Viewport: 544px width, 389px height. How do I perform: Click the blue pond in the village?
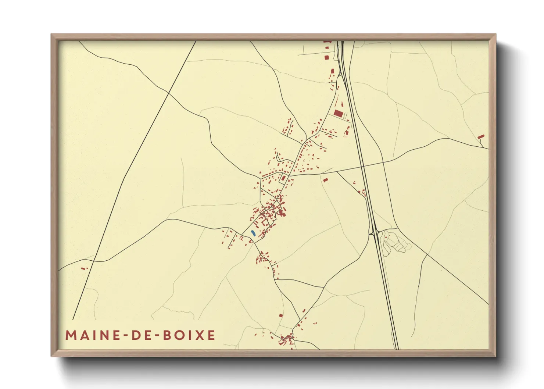[x=253, y=233]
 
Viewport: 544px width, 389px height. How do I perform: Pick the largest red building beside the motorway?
[x=338, y=113]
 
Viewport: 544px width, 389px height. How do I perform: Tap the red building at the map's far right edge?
[x=481, y=137]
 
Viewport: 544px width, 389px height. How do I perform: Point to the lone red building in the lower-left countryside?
[x=84, y=268]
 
